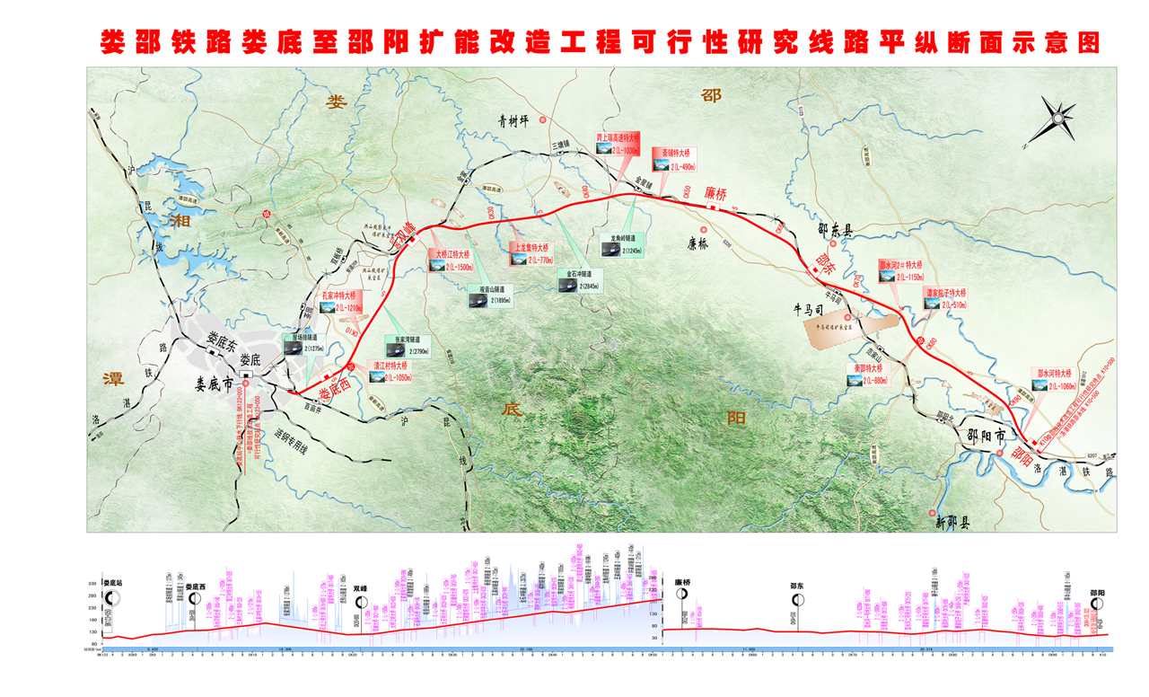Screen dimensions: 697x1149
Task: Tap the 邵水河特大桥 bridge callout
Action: (x=1054, y=381)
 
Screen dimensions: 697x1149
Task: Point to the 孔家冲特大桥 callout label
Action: (x=338, y=302)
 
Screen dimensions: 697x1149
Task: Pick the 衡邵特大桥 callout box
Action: (x=869, y=374)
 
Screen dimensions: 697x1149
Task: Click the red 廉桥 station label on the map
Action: (x=718, y=194)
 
